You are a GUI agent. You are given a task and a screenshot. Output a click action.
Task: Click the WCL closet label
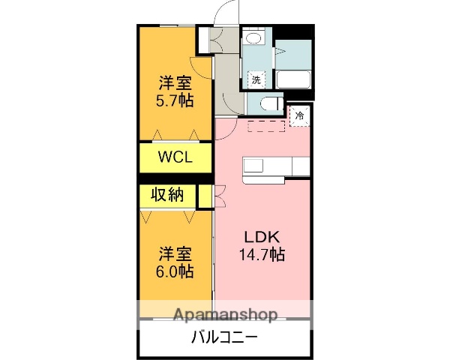[x=175, y=157]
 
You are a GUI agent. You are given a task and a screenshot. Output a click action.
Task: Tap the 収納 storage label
[x=168, y=196]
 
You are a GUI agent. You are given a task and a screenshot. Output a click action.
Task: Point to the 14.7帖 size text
[x=261, y=254]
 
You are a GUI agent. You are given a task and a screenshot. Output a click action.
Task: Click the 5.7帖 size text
[x=175, y=99]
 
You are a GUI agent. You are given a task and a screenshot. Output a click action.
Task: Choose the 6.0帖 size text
[x=175, y=271]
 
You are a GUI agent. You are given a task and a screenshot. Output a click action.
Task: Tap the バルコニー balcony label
[x=225, y=337]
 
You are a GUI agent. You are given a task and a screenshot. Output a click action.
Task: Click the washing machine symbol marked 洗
[x=256, y=79]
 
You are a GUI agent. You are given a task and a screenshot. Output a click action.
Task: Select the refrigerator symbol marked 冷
[x=299, y=116]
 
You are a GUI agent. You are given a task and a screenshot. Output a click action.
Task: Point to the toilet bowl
[x=269, y=103]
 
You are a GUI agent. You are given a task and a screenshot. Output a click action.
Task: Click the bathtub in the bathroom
[x=293, y=79]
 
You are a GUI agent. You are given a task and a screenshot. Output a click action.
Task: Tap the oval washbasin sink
[x=253, y=38]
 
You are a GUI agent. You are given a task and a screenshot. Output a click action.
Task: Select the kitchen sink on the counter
[x=253, y=166]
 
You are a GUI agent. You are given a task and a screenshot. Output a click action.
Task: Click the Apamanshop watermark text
[x=225, y=314]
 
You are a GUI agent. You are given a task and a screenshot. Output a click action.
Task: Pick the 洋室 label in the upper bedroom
[x=175, y=82]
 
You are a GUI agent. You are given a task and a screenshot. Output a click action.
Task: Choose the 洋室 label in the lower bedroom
[x=175, y=253]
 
